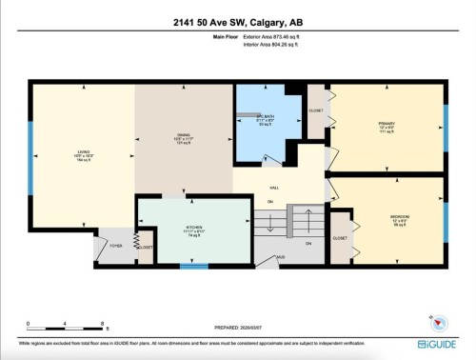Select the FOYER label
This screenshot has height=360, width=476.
pos(116,245)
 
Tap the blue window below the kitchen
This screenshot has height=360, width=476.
pos(194,267)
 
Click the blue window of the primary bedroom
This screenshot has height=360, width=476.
pos(446,124)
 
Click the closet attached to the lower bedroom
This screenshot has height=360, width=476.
pos(339,237)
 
